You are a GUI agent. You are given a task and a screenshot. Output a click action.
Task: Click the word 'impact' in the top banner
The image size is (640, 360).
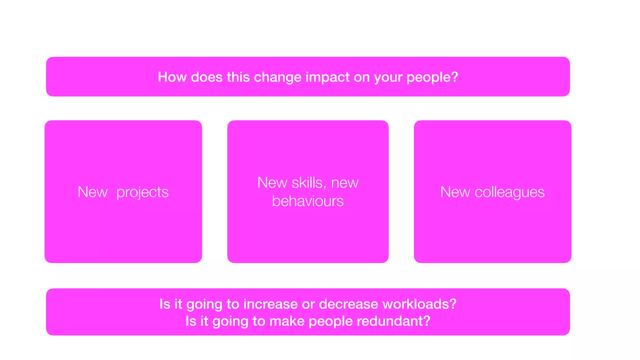(x=327, y=77)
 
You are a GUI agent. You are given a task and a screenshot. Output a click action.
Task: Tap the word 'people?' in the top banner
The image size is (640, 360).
(x=432, y=77)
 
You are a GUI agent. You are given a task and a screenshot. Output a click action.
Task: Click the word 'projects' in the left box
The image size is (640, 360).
(x=142, y=192)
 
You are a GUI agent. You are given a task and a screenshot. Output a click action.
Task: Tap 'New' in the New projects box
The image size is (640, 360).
(x=92, y=192)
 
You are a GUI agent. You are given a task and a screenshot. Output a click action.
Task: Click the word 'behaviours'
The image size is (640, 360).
(x=308, y=201)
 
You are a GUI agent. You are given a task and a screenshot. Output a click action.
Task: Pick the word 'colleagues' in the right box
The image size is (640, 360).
(x=509, y=192)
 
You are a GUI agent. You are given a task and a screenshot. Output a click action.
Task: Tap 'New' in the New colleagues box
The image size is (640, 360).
(x=455, y=192)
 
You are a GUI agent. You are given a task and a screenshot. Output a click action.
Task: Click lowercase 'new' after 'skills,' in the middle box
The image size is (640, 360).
(x=345, y=183)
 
